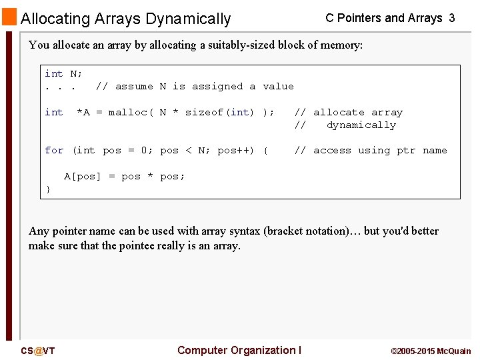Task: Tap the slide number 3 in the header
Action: pos(452,18)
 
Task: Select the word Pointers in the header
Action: pos(361,18)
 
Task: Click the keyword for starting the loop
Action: pos(54,151)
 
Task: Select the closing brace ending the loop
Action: pos(48,189)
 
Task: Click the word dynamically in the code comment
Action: pos(361,125)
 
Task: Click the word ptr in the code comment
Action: pos(406,151)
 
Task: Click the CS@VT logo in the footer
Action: pos(37,351)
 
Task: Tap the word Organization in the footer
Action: pos(263,350)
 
